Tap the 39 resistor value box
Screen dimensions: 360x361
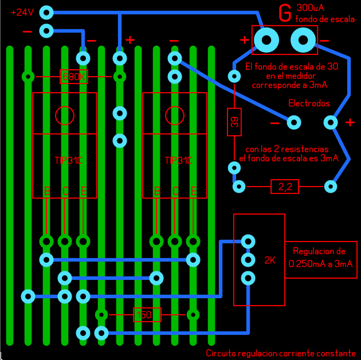point(234,122)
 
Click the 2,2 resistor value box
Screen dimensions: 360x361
point(285,187)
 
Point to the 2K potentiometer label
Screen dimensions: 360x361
point(270,260)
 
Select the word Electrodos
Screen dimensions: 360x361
point(309,104)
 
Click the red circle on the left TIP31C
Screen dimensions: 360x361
point(65,116)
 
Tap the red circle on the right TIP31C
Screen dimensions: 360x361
point(175,116)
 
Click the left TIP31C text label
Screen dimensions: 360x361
point(65,161)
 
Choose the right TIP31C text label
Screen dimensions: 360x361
point(175,161)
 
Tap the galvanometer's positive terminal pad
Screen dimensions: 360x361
point(266,39)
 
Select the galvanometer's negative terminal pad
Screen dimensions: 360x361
point(303,39)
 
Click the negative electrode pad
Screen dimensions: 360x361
point(294,122)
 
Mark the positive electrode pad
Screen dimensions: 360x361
point(331,122)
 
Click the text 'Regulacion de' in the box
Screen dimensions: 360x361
point(319,251)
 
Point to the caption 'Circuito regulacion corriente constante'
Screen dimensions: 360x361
point(281,353)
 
